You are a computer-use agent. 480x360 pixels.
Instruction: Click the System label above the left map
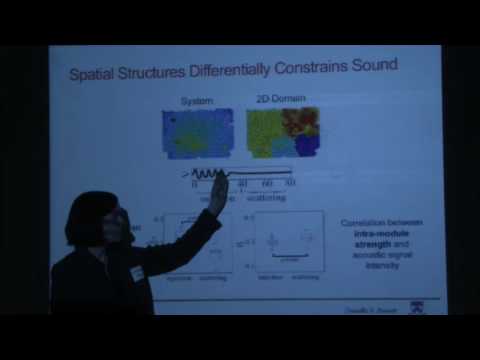point(197,101)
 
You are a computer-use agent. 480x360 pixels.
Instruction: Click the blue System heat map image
point(198,135)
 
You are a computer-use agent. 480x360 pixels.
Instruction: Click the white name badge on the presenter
point(137,271)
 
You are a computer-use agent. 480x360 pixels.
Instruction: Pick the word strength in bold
point(359,245)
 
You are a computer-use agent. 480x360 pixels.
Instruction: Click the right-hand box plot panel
point(289,242)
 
